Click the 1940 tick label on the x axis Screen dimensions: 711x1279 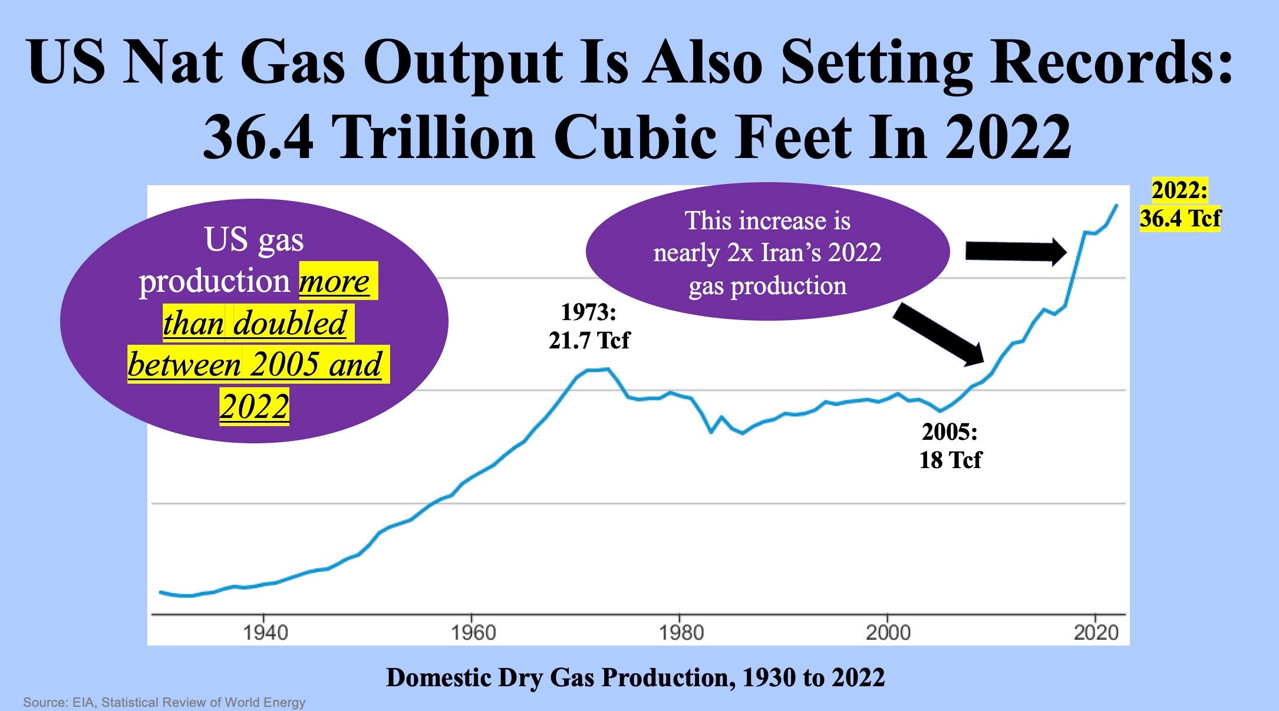[265, 633]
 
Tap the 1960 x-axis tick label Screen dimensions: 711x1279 [473, 633]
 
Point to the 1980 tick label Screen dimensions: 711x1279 [681, 633]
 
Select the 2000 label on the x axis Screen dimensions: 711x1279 [888, 633]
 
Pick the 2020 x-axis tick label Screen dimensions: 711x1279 [1096, 633]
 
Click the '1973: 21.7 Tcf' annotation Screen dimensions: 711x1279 [589, 326]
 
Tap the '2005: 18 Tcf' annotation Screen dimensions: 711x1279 [950, 446]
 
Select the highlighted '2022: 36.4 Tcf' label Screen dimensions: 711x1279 [1180, 205]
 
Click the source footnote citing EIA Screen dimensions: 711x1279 [164, 702]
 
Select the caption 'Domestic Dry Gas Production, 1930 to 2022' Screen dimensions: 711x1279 [635, 677]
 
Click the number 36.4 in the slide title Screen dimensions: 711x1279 [258, 137]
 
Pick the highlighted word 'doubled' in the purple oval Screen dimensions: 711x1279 [289, 323]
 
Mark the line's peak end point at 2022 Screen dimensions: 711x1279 [1116, 205]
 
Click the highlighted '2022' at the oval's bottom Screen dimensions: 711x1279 [255, 406]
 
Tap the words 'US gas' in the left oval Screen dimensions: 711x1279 [254, 239]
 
